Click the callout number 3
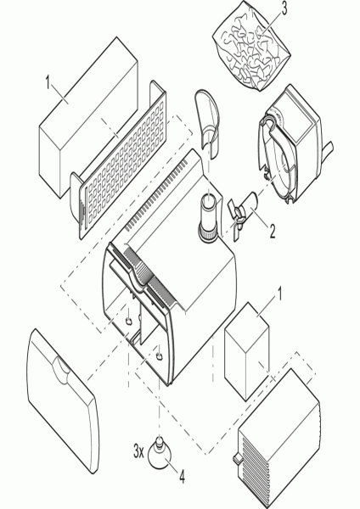point(284,9)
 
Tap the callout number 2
point(272,232)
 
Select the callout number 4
point(182,477)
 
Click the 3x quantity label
point(138,451)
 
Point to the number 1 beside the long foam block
point(48,82)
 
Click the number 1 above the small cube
point(278,294)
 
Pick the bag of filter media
point(251,46)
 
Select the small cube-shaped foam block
point(247,351)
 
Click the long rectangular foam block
point(88,117)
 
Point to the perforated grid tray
point(119,160)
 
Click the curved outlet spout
point(207,123)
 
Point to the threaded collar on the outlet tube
point(208,233)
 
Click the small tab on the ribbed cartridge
point(236,458)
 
